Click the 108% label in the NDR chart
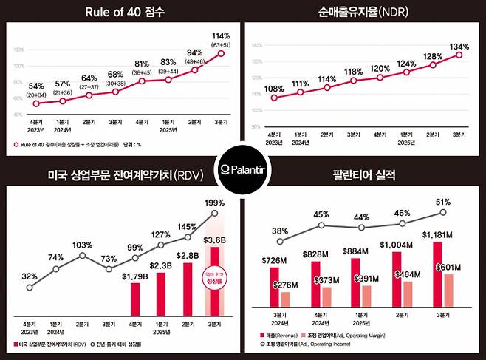point(274,89)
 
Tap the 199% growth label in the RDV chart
point(215,202)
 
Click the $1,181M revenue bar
point(437,273)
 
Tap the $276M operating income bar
point(286,299)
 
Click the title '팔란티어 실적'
point(364,176)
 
